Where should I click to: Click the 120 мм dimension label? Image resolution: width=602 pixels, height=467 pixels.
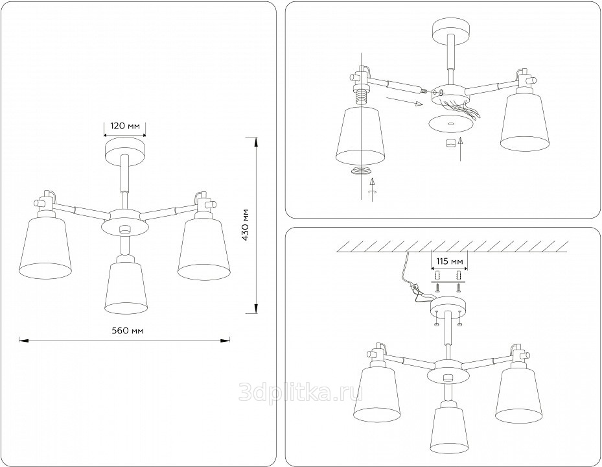click(x=125, y=126)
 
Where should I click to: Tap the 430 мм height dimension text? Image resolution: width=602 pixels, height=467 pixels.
click(x=245, y=225)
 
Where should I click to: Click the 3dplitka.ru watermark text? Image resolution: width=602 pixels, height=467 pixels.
click(x=300, y=392)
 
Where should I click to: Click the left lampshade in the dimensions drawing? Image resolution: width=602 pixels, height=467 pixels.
click(x=45, y=246)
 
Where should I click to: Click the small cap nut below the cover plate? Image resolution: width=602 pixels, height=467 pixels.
click(x=449, y=143)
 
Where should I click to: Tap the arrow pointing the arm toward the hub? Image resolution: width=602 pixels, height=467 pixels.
click(x=404, y=101)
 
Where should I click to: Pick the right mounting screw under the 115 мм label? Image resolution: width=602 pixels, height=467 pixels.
click(x=458, y=287)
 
